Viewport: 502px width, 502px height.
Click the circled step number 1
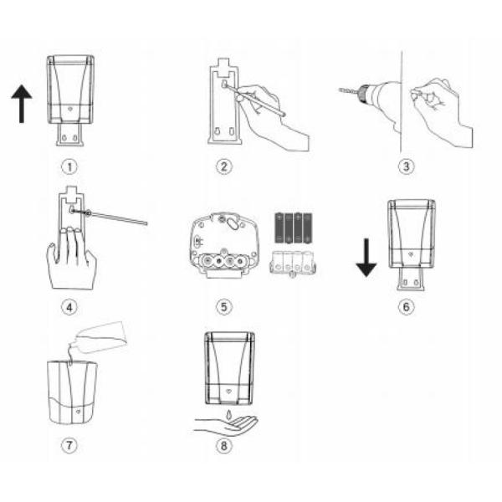click(x=69, y=166)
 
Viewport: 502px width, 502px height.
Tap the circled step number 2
click(x=223, y=166)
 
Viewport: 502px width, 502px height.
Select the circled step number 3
click(x=406, y=166)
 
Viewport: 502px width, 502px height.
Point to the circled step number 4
click(x=69, y=307)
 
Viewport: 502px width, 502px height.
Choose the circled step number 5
click(x=223, y=307)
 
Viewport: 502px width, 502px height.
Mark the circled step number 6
click(x=406, y=307)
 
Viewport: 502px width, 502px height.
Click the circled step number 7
click(x=69, y=445)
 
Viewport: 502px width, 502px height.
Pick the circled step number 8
click(x=223, y=446)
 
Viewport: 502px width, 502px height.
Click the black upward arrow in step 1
click(x=22, y=104)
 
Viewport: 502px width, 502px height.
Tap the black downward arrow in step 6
click(x=366, y=258)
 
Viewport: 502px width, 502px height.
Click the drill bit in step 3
click(x=348, y=90)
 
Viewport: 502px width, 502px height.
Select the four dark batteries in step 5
click(x=294, y=228)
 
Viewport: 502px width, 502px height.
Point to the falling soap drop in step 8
click(x=228, y=414)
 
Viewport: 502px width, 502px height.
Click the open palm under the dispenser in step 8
click(x=226, y=426)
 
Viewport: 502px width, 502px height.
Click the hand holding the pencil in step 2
click(x=274, y=116)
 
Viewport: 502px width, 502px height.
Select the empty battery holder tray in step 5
click(x=294, y=264)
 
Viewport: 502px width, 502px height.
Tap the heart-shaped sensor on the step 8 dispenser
click(x=228, y=392)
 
